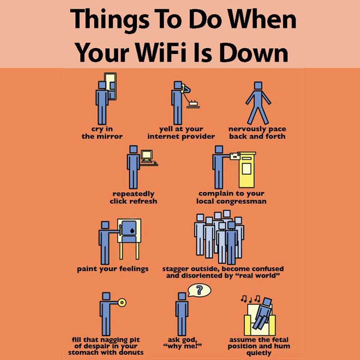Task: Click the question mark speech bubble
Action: click(x=199, y=290)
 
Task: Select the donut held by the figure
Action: click(x=122, y=302)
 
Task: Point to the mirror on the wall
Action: click(x=110, y=86)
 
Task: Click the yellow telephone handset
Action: click(x=183, y=88)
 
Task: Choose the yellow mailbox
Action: click(x=247, y=170)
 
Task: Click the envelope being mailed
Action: click(x=235, y=156)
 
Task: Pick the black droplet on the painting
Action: click(x=132, y=231)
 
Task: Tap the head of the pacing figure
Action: click(x=258, y=85)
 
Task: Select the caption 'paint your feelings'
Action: click(x=113, y=269)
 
